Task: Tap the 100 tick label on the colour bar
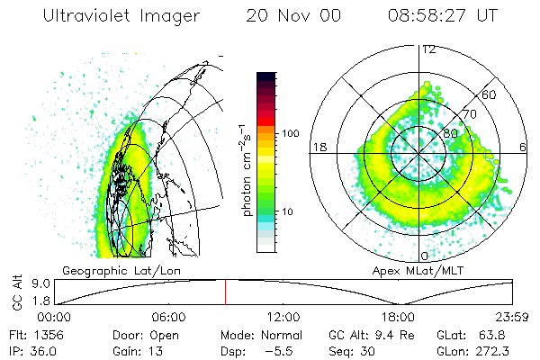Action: [x=290, y=133]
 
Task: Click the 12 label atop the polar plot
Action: [x=428, y=49]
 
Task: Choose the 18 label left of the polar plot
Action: [x=318, y=148]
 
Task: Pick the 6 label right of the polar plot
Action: [x=523, y=148]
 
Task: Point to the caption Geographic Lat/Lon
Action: [x=115, y=270]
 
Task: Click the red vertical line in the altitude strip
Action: [x=226, y=292]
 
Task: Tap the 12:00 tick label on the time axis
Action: [x=283, y=316]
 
